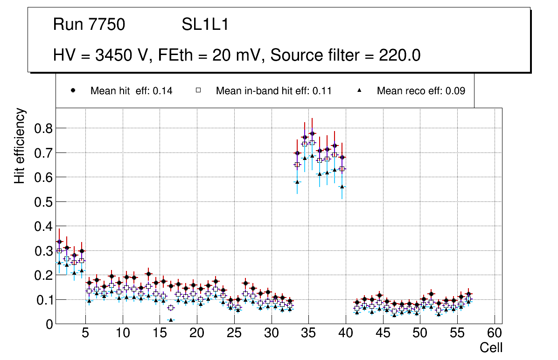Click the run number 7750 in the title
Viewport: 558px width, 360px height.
[107, 25]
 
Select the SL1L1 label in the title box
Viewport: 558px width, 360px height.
[205, 25]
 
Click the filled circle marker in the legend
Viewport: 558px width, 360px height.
[73, 90]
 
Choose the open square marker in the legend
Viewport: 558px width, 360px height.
[198, 90]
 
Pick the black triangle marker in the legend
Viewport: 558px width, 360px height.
[360, 90]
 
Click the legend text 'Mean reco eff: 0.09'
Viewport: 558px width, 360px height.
[421, 91]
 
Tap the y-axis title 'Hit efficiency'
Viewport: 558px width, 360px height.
[20, 146]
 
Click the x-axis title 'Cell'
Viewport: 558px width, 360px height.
[491, 347]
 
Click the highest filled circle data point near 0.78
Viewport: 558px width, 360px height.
[312, 133]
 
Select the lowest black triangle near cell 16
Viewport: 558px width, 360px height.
[171, 320]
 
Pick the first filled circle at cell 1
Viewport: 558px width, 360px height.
[59, 242]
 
